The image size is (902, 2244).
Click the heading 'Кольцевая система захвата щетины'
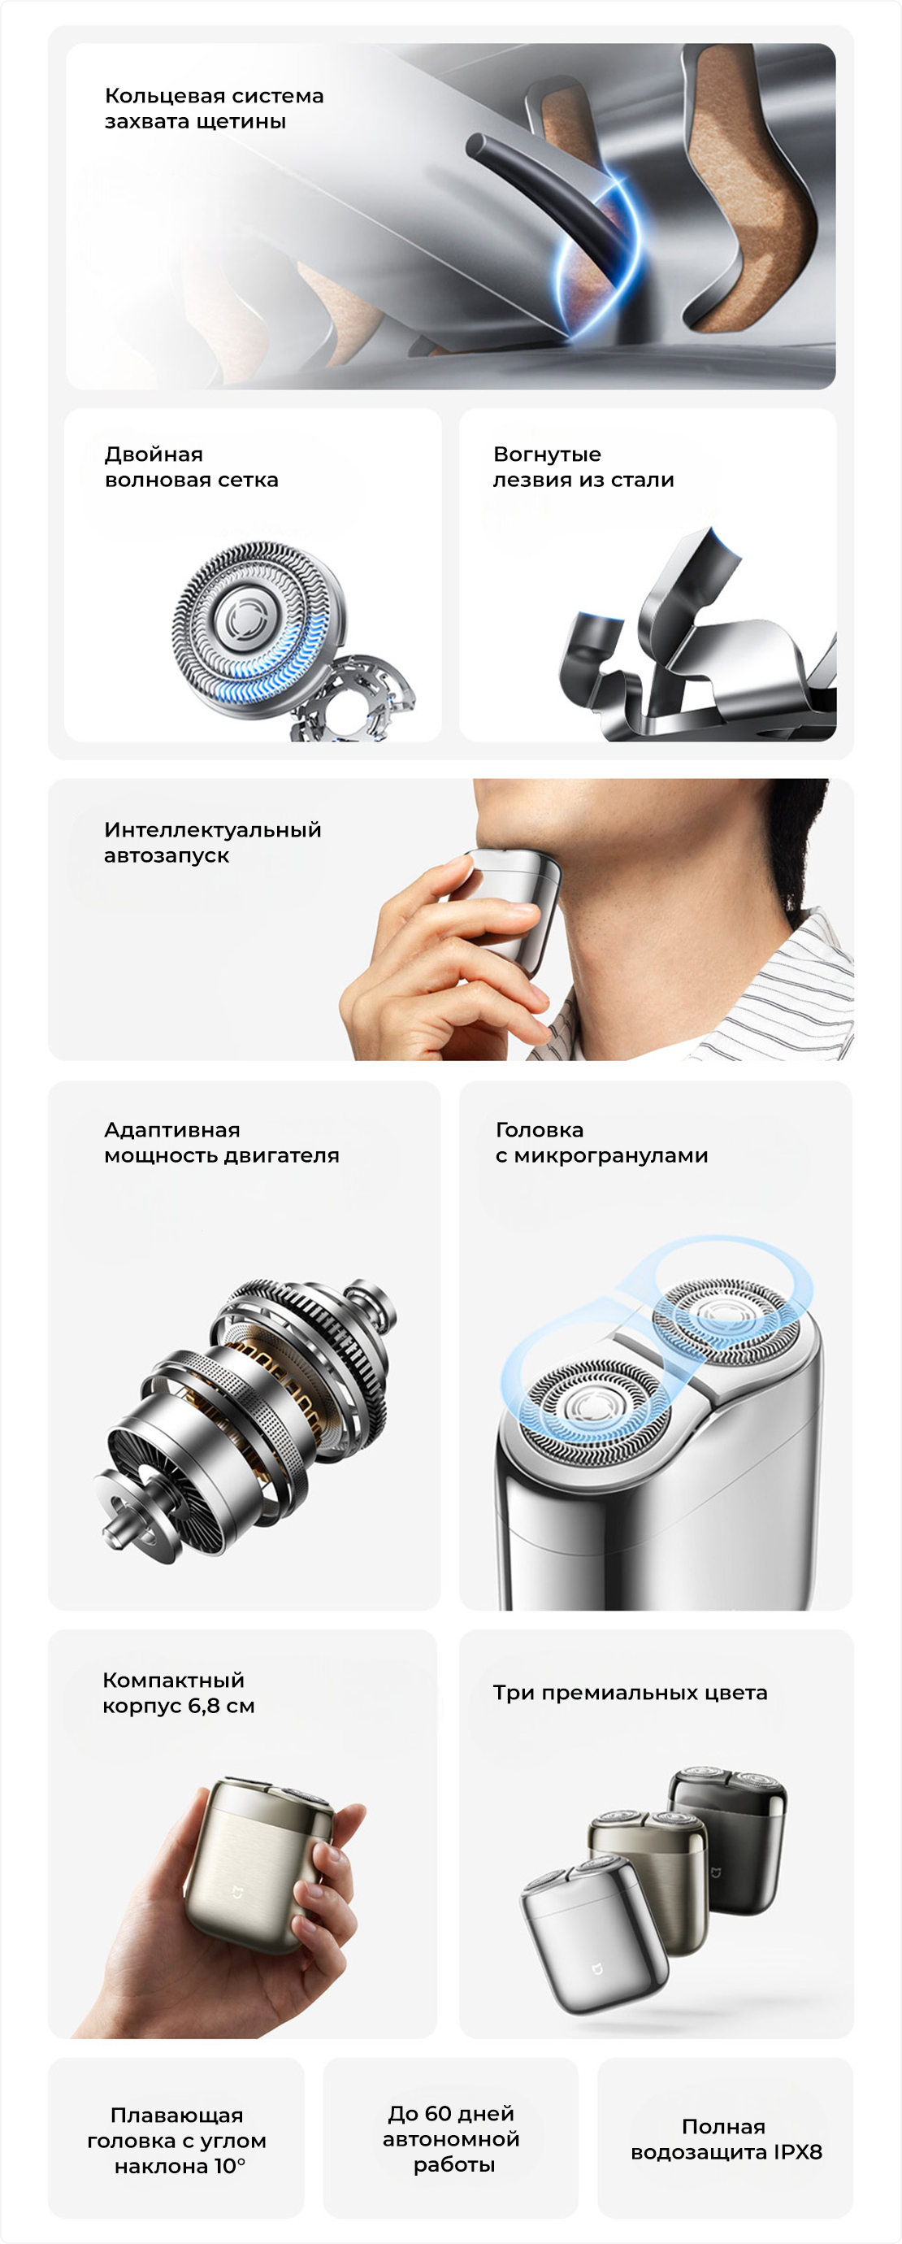215,108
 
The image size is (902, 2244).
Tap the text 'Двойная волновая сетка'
192,467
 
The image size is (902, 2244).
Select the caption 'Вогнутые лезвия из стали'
583,467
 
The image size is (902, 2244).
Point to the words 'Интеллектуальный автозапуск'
212,842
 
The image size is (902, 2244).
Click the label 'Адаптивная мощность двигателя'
221,1142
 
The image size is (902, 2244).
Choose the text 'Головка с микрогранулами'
601,1142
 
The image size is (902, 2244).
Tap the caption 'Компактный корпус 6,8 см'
179,1693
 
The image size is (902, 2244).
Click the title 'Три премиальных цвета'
631,1693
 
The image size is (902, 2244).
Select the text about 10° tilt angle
177,2140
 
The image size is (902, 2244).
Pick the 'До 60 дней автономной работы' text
451,2138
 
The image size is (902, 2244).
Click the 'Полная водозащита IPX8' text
726,2139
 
